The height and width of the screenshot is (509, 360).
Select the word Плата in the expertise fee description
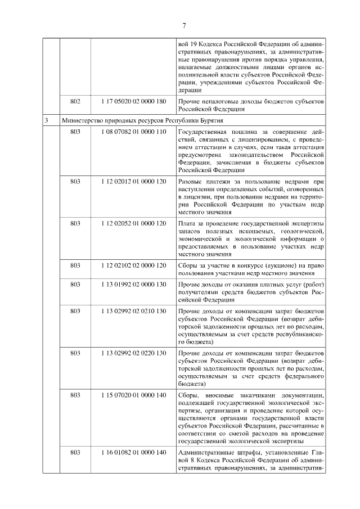(186, 223)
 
